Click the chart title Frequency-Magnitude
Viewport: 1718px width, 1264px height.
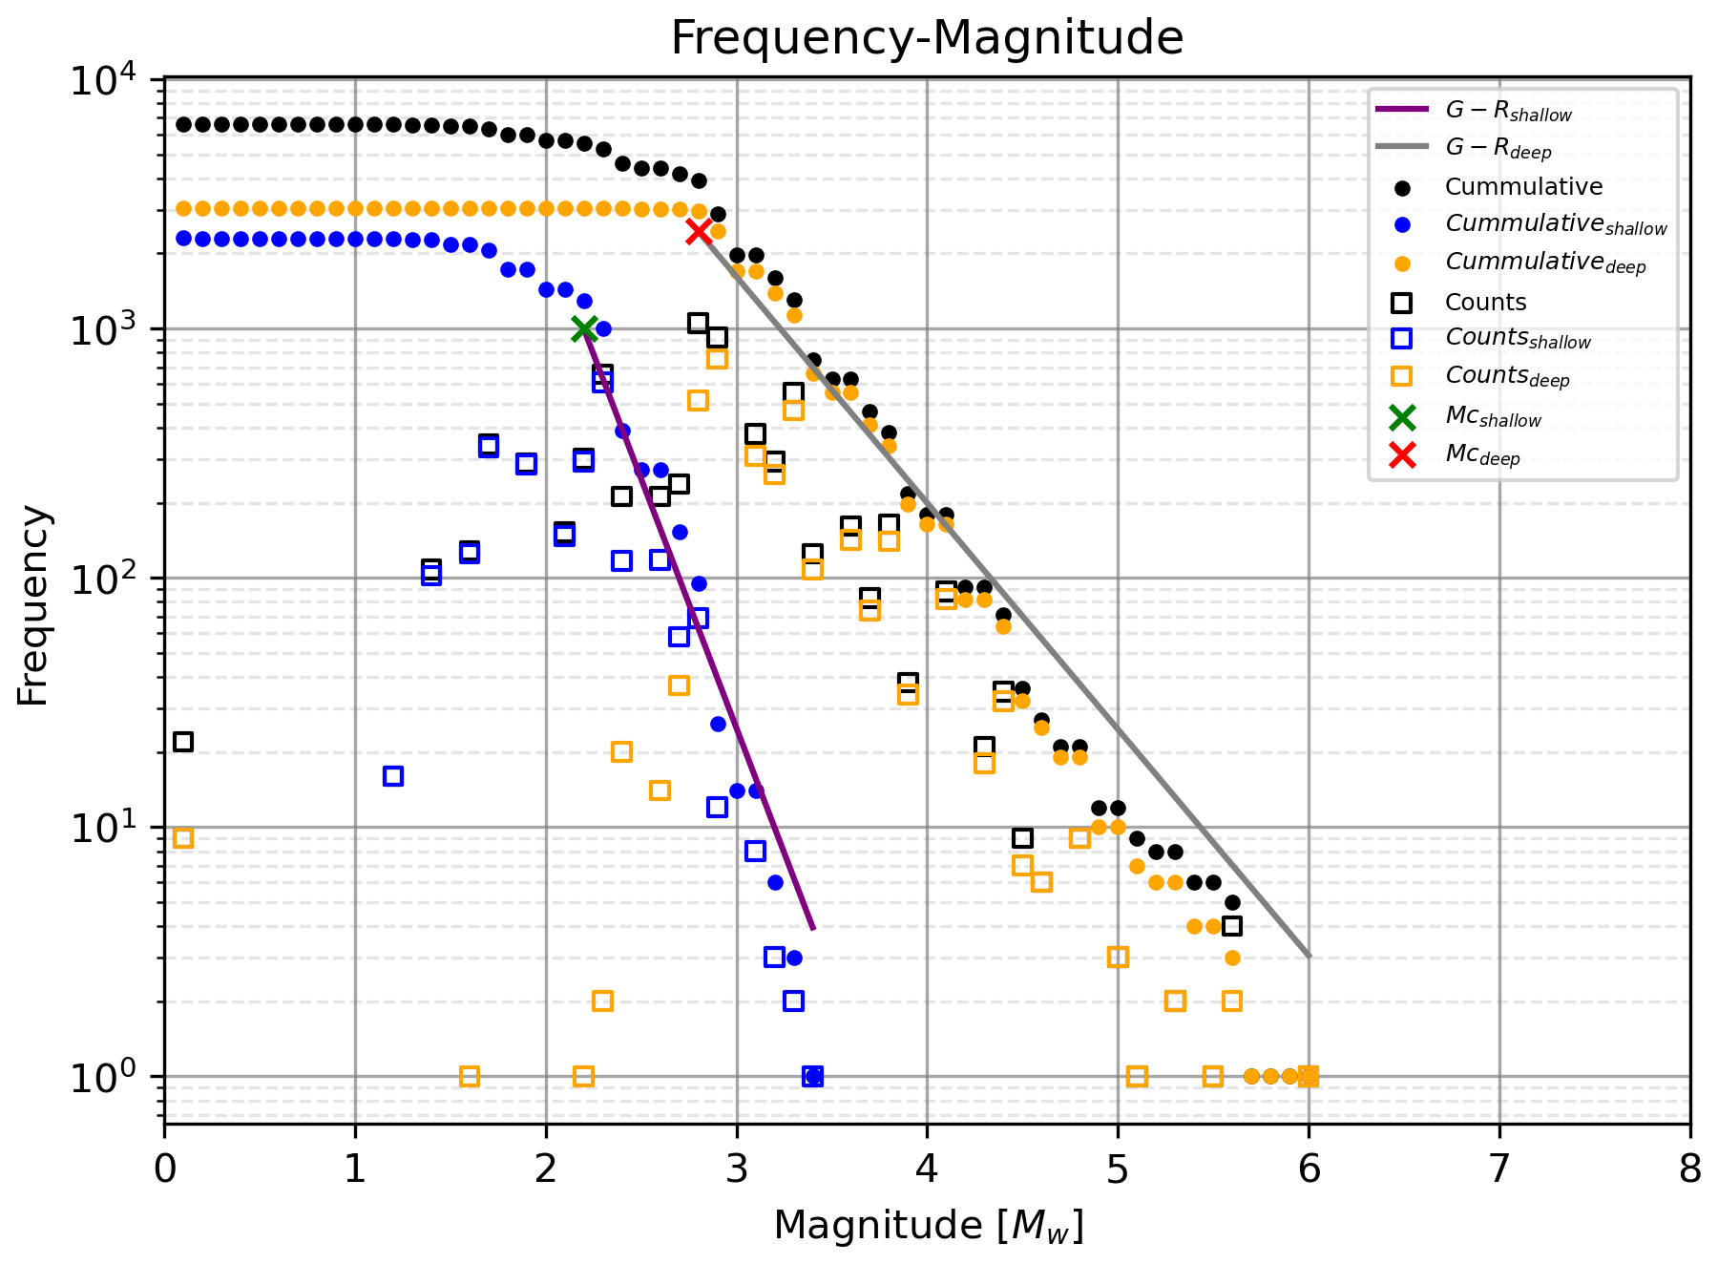[927, 38]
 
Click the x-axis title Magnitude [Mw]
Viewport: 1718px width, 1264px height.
[928, 1226]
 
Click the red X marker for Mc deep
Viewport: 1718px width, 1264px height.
[698, 231]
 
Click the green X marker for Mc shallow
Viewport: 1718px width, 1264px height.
[584, 328]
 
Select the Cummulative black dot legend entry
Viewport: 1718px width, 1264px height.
[1523, 187]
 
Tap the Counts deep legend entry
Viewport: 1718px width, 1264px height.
[1507, 376]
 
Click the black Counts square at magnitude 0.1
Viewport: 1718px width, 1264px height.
[183, 741]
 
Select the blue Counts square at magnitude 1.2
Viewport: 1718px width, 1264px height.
[393, 776]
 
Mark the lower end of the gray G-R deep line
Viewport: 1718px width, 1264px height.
[1309, 956]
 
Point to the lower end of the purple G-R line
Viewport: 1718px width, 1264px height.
[813, 927]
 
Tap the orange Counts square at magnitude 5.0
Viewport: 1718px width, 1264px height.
[1118, 957]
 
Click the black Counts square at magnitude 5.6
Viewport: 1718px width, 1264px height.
[1232, 925]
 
